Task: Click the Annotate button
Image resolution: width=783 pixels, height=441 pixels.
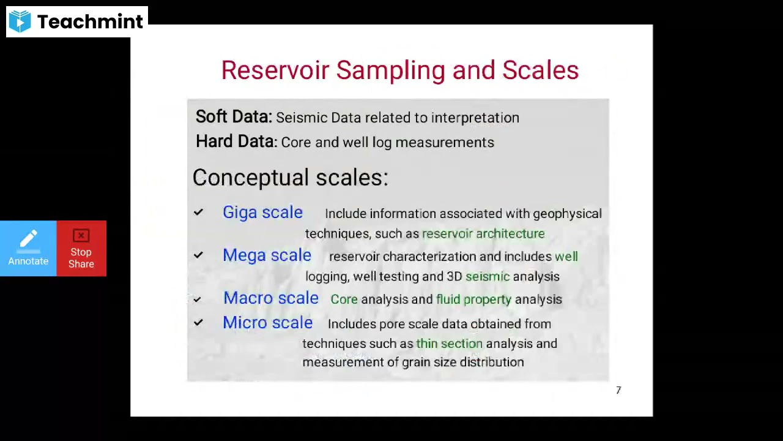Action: click(28, 249)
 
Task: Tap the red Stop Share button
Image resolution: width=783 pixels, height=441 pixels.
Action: click(81, 249)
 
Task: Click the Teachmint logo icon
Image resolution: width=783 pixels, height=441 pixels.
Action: click(20, 21)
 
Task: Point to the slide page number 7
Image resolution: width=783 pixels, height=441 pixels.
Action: click(618, 390)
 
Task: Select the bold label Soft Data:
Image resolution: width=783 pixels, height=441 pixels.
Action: click(234, 117)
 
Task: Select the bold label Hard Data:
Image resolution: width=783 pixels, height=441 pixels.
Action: click(236, 141)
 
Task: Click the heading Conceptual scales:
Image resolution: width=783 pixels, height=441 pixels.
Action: click(290, 178)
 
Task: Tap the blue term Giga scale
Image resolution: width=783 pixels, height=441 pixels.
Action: click(262, 213)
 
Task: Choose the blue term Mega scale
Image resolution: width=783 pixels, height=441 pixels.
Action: click(267, 255)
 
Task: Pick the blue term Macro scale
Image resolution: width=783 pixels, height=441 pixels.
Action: click(270, 298)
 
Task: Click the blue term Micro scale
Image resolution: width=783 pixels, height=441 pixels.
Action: click(267, 323)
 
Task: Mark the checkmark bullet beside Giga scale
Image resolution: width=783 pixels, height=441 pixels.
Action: click(198, 213)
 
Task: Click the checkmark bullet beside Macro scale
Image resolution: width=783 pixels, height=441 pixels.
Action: click(197, 299)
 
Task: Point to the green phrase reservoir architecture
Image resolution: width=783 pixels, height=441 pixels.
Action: click(483, 233)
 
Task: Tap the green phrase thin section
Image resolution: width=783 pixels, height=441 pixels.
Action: click(449, 344)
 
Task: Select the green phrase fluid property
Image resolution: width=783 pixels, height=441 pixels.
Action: click(473, 300)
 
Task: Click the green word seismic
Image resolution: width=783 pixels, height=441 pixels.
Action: click(487, 276)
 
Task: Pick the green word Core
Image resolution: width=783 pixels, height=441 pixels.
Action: click(344, 300)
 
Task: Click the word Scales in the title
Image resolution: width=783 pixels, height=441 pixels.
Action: click(540, 70)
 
